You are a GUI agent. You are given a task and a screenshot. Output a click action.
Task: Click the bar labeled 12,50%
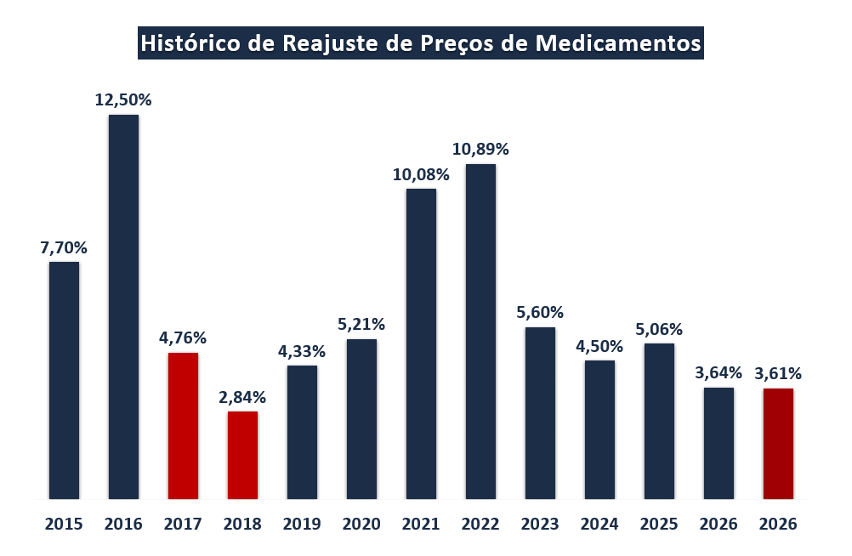tap(123, 306)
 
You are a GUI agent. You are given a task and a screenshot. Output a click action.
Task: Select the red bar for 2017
tap(183, 425)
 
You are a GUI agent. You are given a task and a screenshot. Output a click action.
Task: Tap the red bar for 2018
tap(242, 455)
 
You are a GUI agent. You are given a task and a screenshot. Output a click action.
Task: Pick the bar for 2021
tap(421, 343)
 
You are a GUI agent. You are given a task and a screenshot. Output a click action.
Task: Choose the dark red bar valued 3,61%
tap(778, 443)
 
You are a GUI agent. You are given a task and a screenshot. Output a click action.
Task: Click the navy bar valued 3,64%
tap(719, 443)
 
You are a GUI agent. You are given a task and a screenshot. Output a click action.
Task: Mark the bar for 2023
tap(540, 412)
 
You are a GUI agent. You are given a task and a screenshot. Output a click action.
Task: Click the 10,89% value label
tap(480, 150)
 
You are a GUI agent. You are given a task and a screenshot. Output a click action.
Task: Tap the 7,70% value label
tap(64, 248)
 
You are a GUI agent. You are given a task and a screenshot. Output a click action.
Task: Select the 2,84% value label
tap(242, 397)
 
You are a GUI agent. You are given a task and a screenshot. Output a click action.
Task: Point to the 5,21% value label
tap(361, 324)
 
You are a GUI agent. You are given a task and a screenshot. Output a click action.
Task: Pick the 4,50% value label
tap(599, 346)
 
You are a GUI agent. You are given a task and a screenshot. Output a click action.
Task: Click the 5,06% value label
tap(659, 329)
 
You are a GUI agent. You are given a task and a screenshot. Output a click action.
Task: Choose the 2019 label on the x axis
tap(302, 524)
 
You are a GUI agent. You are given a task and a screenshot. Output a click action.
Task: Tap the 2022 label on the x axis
tap(480, 524)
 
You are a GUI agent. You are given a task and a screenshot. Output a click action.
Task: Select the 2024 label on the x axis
tap(599, 524)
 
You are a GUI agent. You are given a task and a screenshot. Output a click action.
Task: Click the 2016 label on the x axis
tap(123, 524)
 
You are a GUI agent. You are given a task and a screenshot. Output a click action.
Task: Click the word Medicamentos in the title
tap(616, 43)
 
